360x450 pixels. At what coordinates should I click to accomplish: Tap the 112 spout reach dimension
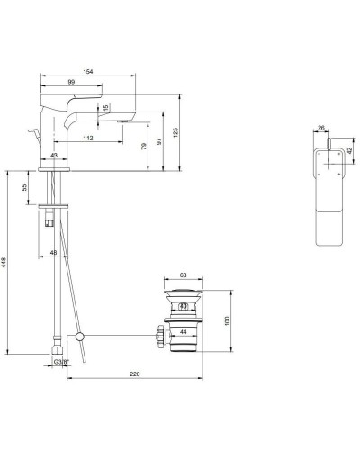click(x=87, y=138)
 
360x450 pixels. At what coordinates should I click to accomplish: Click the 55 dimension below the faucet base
click(x=23, y=192)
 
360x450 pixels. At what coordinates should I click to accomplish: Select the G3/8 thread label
click(x=61, y=362)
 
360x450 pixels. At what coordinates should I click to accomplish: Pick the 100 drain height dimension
click(x=227, y=321)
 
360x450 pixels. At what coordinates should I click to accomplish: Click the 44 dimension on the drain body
click(x=184, y=332)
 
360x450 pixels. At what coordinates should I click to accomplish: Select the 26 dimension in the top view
click(x=321, y=129)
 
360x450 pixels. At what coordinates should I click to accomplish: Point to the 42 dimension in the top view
click(x=349, y=152)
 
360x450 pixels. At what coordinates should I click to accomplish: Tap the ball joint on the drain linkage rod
click(x=81, y=337)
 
